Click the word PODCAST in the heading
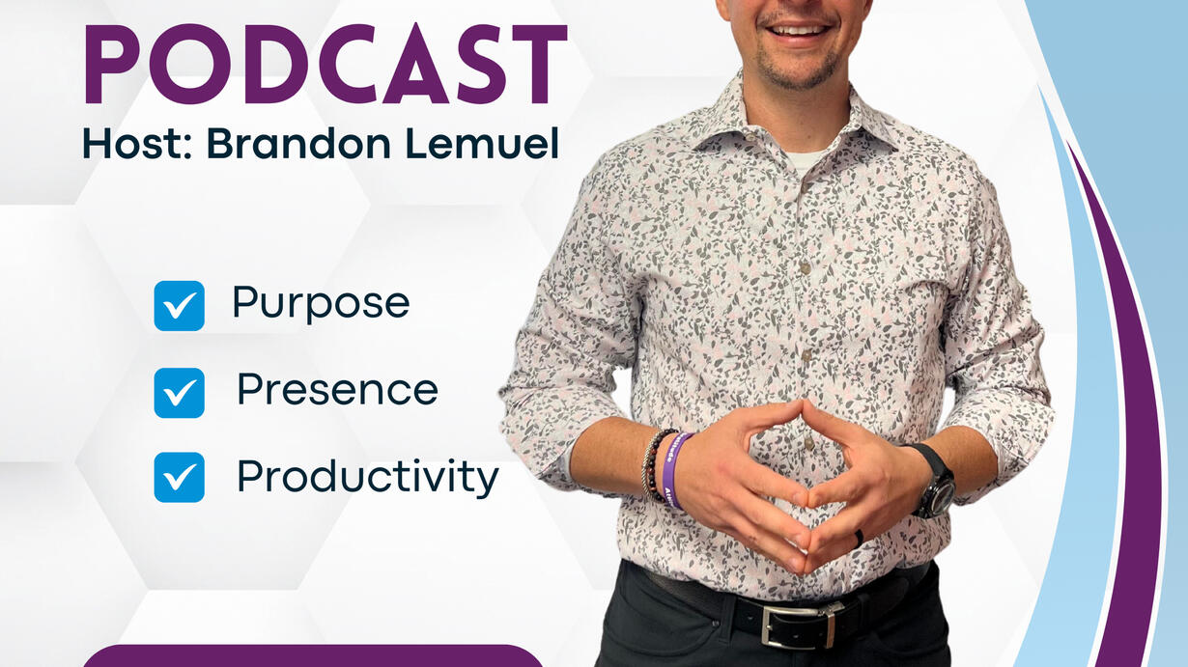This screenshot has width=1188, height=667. [x=325, y=64]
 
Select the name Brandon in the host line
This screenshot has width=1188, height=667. [x=298, y=143]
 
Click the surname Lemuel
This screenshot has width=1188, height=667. [x=482, y=143]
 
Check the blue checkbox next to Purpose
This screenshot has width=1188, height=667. [x=180, y=306]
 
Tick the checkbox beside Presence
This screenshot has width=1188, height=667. [x=180, y=393]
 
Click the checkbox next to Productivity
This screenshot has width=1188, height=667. [x=180, y=477]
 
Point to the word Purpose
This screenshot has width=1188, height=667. [x=321, y=304]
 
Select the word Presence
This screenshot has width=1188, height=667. [x=337, y=389]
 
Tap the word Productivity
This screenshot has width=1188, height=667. [x=368, y=477]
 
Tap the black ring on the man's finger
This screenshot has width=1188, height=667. [x=859, y=539]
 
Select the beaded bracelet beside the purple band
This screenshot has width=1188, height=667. [x=653, y=465]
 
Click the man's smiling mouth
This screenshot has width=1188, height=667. [x=800, y=30]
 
